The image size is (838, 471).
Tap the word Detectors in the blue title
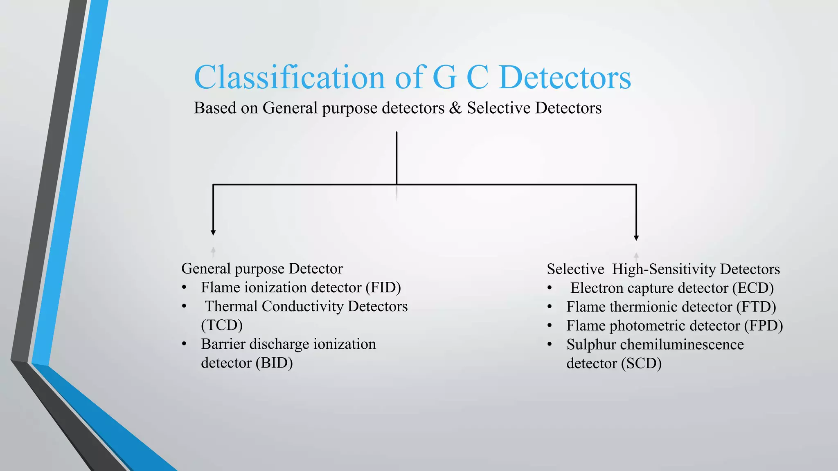tap(565, 77)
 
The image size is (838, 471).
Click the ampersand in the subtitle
tap(455, 108)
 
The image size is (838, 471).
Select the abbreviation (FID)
tap(383, 287)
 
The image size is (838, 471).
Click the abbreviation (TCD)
tap(222, 325)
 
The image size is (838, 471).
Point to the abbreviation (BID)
tap(274, 363)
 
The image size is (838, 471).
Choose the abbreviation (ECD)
tap(753, 288)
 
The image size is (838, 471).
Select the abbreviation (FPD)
tap(763, 325)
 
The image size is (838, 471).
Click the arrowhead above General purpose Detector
tap(213, 233)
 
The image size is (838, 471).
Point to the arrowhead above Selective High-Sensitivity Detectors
tap(636, 238)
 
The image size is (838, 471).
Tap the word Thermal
tap(231, 306)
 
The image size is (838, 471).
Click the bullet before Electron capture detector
tap(550, 288)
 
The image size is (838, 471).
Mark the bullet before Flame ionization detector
tap(184, 288)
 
